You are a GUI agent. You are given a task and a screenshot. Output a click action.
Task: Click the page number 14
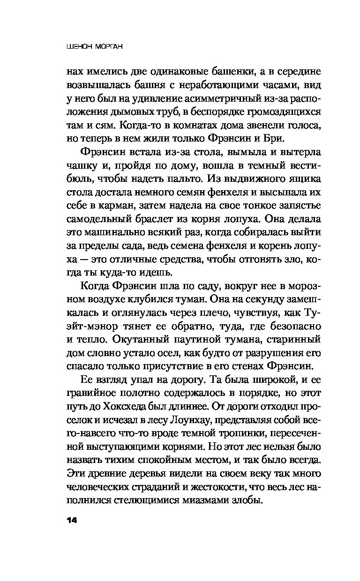(x=73, y=521)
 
